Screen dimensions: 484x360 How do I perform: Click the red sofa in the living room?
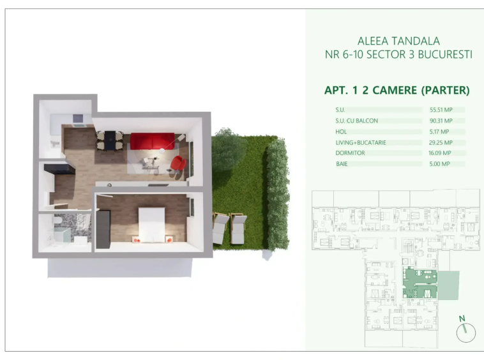152,141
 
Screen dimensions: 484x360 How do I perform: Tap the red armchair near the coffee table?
178,163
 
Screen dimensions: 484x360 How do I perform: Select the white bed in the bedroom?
151,225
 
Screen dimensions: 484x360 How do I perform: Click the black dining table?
110,140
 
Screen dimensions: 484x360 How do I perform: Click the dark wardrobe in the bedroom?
103,229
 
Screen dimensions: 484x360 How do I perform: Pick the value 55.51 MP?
441,110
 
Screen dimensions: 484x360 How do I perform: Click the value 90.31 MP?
441,121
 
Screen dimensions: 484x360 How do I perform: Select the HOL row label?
341,131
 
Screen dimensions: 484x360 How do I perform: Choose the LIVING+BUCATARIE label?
361,142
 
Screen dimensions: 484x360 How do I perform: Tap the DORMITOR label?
350,153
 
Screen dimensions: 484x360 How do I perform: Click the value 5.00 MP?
439,164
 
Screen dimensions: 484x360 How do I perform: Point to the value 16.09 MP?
439,153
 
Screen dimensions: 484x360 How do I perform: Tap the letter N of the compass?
462,319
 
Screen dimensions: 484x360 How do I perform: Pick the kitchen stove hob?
78,119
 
